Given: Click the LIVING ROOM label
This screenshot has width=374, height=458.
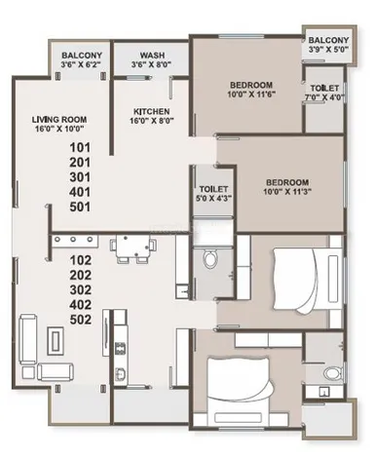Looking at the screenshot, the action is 59,119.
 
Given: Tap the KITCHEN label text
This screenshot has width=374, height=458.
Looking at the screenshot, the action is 151,112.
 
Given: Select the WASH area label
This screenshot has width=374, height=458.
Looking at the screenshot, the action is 152,56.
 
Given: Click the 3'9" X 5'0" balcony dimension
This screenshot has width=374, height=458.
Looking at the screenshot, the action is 328,50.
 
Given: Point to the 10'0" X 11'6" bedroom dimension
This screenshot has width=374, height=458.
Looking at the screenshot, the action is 251,95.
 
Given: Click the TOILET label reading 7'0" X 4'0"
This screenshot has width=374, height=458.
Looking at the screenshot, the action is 324,88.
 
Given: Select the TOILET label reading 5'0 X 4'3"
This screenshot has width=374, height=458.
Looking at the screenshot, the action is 213,189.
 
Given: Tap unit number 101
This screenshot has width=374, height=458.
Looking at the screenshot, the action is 80,148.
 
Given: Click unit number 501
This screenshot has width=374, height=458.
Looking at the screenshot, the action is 80,207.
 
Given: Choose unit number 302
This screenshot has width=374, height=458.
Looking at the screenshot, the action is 80,289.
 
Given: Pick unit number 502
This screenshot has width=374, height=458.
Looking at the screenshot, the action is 80,320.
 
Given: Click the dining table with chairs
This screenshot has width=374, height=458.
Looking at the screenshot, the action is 132,249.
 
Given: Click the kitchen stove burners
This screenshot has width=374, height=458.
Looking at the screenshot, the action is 120,348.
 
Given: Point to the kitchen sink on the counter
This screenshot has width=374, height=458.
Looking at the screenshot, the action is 120,373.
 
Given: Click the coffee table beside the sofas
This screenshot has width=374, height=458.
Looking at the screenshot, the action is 56,341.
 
